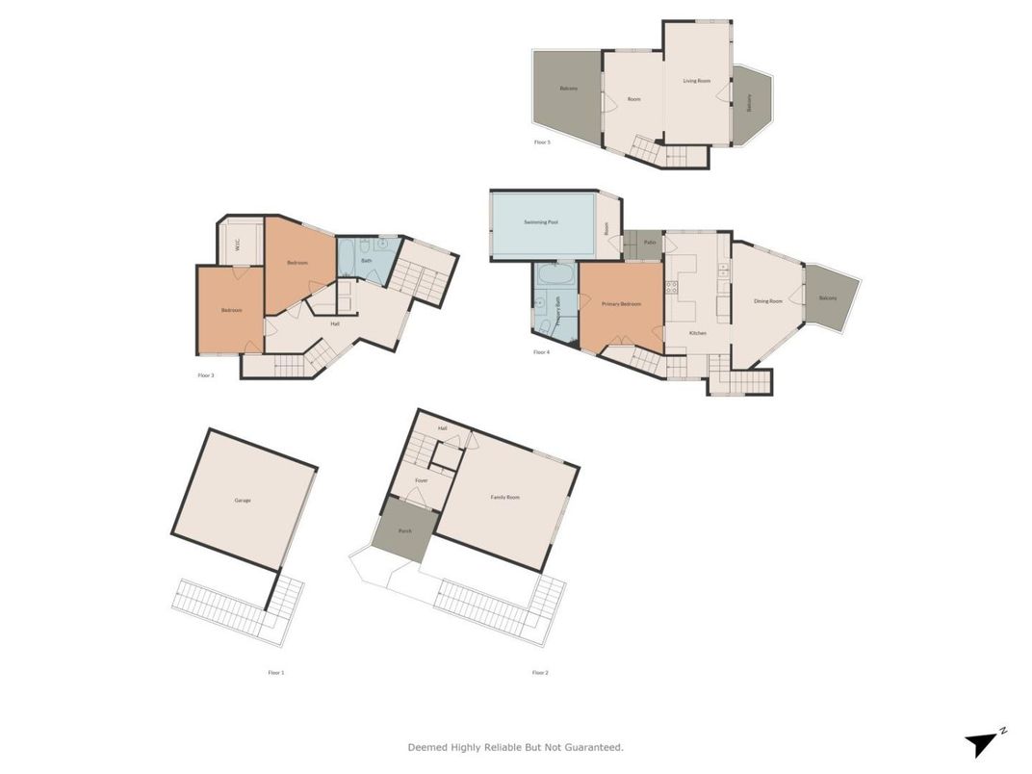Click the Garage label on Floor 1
point(242,501)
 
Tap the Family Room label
point(504,498)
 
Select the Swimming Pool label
point(541,222)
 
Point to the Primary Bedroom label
point(621,304)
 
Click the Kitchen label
point(698,333)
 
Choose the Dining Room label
point(767,301)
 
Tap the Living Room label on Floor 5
point(697,81)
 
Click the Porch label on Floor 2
point(405,530)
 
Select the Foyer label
point(421,479)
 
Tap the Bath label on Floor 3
point(366,260)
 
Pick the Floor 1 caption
point(276,672)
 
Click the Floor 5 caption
point(542,142)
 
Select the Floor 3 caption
point(205,374)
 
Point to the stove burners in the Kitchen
point(671,287)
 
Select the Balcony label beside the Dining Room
point(828,298)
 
